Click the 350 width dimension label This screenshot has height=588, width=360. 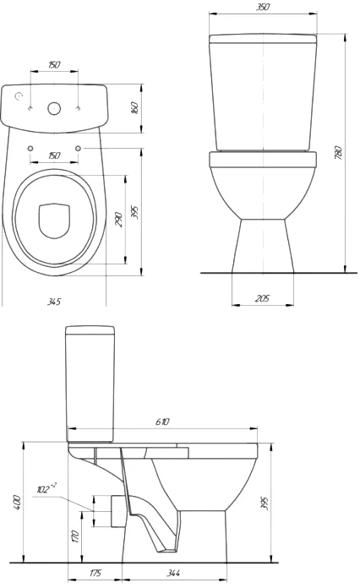click(263, 7)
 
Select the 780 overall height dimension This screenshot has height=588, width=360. click(338, 153)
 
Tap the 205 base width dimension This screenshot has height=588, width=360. click(263, 298)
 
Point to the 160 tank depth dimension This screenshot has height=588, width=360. click(135, 107)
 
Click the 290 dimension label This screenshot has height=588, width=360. click(118, 220)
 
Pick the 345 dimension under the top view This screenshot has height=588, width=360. click(54, 301)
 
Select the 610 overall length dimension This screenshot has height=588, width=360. click(162, 422)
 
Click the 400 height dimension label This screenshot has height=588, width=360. click(17, 503)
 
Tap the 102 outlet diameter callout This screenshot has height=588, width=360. click(46, 488)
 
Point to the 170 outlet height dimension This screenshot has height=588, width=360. click(75, 536)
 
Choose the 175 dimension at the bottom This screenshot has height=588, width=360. click(95, 573)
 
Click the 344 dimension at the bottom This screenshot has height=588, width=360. click(173, 573)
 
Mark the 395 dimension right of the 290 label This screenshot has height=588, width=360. click(135, 212)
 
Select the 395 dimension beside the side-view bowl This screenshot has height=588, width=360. click(265, 503)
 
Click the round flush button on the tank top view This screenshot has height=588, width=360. click(54, 108)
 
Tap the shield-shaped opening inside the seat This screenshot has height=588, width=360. click(54, 221)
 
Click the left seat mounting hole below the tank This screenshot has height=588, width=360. click(30, 148)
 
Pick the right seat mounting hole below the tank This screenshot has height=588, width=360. click(78, 148)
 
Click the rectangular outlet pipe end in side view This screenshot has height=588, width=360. click(117, 511)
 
